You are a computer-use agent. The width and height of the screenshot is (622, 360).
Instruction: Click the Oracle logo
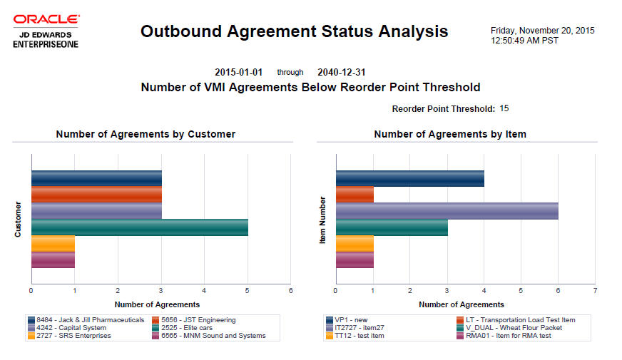(46, 19)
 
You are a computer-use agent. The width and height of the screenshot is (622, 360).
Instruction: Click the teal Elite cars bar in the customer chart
(140, 227)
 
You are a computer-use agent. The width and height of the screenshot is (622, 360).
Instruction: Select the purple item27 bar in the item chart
(447, 211)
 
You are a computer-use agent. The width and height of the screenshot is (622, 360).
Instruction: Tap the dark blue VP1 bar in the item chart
(409, 178)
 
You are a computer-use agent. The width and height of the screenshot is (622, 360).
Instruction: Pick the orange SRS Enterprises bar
(53, 244)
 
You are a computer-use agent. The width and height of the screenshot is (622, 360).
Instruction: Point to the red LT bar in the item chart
(355, 195)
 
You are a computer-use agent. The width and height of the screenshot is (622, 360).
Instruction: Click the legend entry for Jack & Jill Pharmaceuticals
(86, 320)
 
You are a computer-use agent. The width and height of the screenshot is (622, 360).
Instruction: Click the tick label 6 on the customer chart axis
(290, 291)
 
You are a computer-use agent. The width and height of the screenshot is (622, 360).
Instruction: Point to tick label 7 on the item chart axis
(595, 291)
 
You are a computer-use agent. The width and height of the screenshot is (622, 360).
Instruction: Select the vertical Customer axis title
(18, 220)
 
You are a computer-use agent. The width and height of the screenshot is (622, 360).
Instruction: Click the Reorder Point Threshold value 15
(504, 108)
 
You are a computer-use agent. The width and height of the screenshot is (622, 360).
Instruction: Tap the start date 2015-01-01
(239, 73)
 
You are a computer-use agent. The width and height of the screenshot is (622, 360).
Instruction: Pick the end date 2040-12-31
(342, 73)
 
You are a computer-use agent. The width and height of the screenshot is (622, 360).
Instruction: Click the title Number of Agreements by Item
(450, 134)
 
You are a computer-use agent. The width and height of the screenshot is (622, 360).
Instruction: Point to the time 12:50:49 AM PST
(525, 41)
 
